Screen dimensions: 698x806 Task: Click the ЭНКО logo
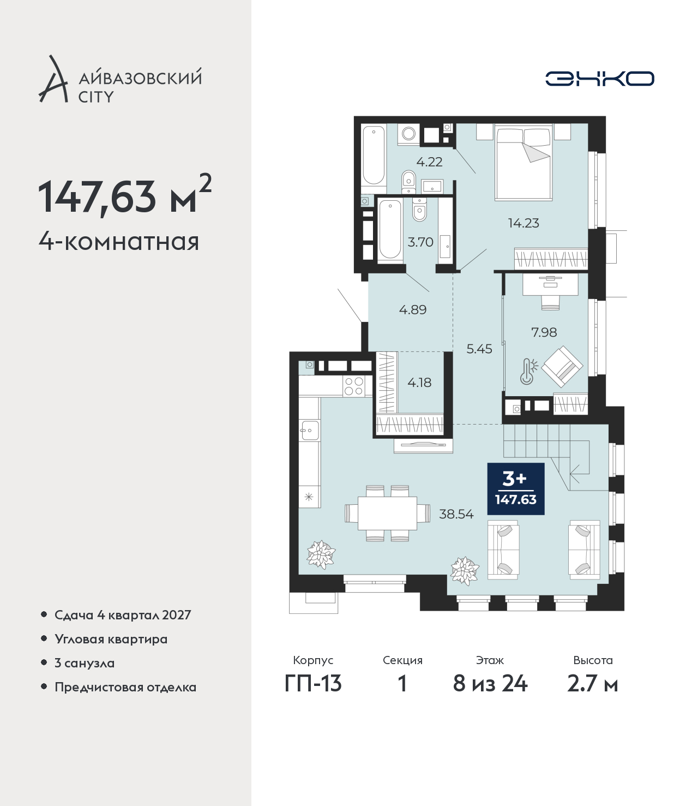point(599,79)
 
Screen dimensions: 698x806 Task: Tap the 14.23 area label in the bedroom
point(523,223)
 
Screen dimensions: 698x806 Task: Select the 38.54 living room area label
point(456,515)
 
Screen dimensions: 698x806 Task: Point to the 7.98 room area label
point(544,332)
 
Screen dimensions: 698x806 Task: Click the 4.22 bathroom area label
point(429,162)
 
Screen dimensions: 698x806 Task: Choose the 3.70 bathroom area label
point(420,242)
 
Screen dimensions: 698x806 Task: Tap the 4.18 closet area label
point(419,383)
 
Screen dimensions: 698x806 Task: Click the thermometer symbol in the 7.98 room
point(528,372)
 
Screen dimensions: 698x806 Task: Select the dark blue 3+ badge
point(516,488)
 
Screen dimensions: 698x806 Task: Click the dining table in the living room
point(387,513)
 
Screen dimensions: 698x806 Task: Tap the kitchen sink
point(310,429)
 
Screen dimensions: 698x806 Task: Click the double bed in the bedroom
point(523,163)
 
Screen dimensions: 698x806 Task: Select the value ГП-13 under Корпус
point(313,684)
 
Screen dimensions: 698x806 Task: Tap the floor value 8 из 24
point(490,684)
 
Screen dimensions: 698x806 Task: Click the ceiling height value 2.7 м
point(592,684)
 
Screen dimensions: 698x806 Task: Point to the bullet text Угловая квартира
point(111,640)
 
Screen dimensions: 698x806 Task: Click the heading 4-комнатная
point(119,242)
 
